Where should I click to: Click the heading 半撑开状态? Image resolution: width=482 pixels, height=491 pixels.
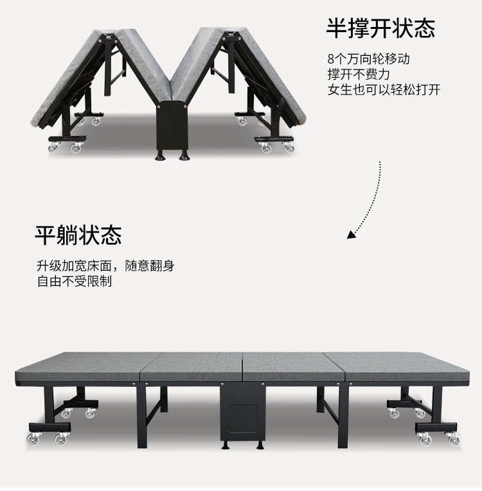coord(380,28)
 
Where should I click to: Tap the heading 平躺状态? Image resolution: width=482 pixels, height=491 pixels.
coord(78,235)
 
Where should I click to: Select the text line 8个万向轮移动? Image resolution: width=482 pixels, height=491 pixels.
coord(368,59)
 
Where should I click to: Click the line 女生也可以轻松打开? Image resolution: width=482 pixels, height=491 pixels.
coord(384,89)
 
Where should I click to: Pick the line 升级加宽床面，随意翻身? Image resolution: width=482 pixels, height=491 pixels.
coord(105,266)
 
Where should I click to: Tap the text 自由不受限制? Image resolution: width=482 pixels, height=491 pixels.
coord(74,281)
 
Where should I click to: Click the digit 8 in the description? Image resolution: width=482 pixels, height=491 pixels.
coord(330,59)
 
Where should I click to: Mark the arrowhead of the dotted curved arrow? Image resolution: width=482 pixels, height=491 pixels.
coord(351,235)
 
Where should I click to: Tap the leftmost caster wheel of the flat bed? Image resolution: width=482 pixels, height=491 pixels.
coord(31,439)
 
